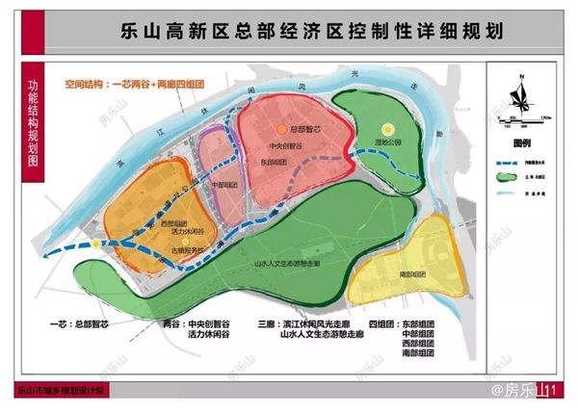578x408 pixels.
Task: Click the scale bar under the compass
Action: [521, 119]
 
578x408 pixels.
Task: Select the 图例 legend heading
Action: [522, 141]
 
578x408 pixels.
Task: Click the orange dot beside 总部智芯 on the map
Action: [281, 128]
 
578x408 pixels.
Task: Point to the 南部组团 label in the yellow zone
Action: [412, 274]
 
